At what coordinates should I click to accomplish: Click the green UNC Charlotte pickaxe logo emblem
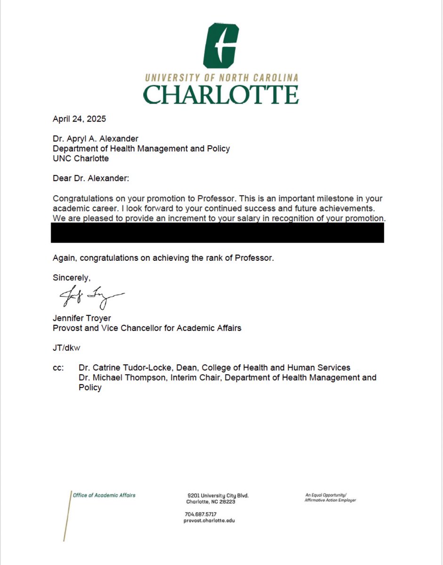point(221,46)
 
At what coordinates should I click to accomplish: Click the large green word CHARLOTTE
point(221,94)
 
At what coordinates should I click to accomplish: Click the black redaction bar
point(217,233)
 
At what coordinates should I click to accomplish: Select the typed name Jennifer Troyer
point(81,318)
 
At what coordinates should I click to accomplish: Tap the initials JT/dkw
point(67,348)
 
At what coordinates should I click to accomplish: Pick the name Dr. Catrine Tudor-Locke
point(124,368)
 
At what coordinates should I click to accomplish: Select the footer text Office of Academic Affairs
point(104,495)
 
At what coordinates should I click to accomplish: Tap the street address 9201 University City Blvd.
point(217,496)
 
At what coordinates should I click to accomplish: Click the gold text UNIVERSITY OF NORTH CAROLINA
point(221,78)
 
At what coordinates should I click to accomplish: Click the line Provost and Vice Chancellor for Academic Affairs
point(147,328)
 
